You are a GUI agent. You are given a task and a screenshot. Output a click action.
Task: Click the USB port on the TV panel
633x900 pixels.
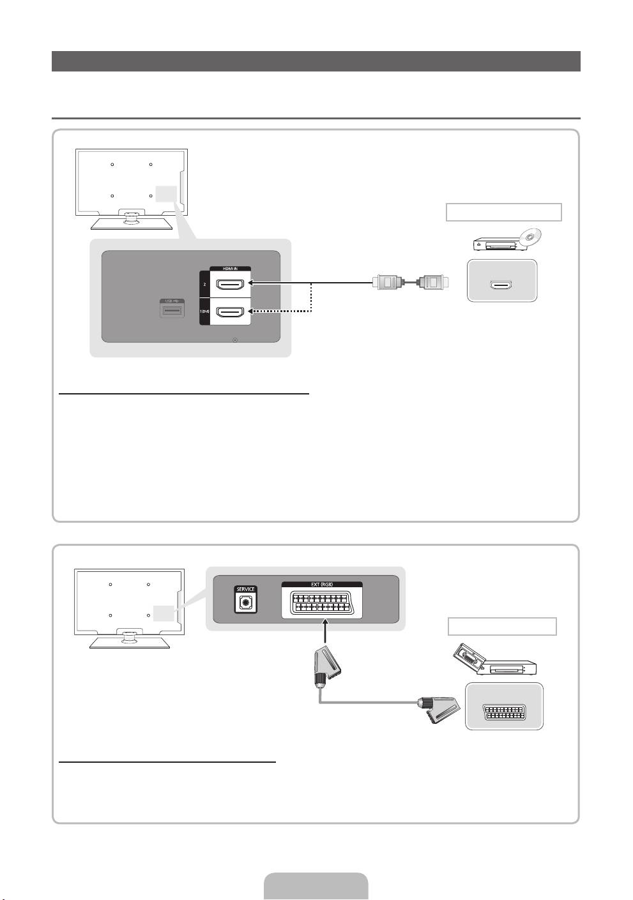pos(172,311)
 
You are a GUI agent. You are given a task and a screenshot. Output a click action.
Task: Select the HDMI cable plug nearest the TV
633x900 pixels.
pos(387,281)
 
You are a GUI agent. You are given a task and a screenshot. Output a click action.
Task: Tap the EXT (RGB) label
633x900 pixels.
pos(322,584)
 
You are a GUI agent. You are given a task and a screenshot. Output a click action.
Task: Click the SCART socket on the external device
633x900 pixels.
pos(504,712)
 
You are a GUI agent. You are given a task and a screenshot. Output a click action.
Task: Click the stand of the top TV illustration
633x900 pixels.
pos(130,220)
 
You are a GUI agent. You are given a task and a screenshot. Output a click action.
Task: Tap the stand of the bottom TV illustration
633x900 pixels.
pos(129,640)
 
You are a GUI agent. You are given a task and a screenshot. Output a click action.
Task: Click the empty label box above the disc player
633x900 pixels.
pos(503,212)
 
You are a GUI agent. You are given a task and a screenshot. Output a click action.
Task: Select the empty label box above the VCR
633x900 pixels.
pos(502,626)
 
